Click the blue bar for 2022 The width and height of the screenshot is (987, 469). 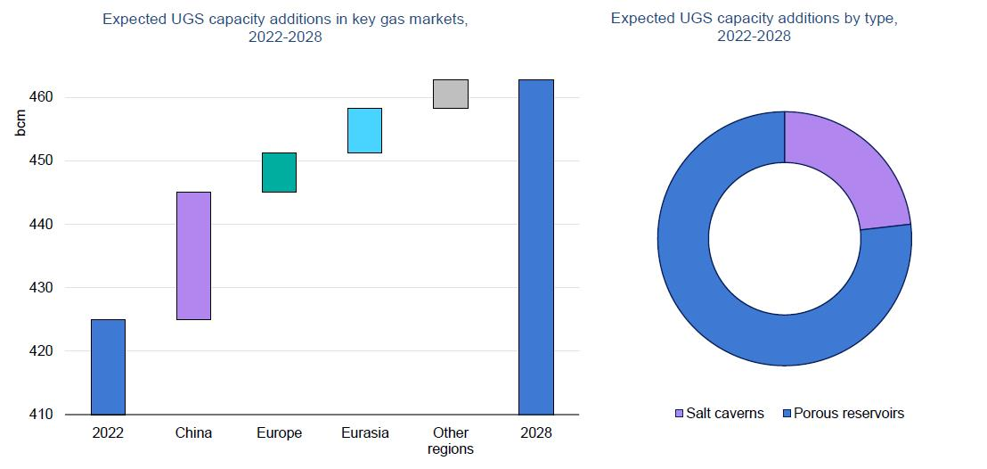pos(108,366)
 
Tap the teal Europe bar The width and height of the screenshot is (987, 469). pos(279,172)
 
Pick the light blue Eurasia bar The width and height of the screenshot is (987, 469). pos(364,130)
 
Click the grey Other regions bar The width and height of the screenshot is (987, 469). pos(450,94)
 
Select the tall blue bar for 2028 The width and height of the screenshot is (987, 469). pos(535,247)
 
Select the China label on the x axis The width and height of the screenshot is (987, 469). pos(193,433)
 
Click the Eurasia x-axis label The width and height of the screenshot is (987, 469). pos(364,433)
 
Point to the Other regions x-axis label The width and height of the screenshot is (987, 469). pos(450,440)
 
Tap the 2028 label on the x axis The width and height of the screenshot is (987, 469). pos(535,433)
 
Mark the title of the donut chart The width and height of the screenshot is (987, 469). pos(754,27)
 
